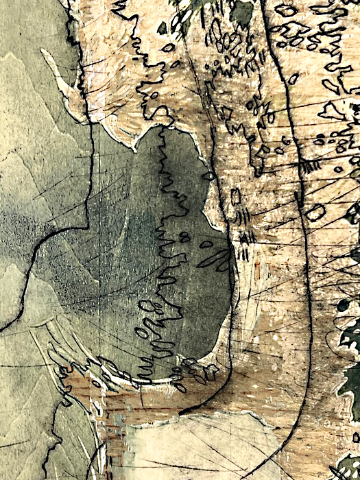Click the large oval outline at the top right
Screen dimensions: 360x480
(x=285, y=10)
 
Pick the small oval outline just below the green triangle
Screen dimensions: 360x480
(x=169, y=47)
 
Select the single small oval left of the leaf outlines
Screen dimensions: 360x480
(x=206, y=243)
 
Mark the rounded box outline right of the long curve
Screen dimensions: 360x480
(x=315, y=212)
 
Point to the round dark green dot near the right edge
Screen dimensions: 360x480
(x=343, y=305)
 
